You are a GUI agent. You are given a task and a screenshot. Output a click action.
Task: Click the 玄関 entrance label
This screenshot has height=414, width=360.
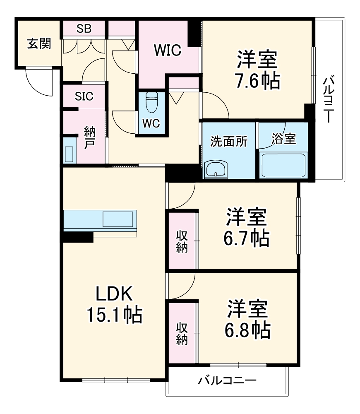(x=39, y=43)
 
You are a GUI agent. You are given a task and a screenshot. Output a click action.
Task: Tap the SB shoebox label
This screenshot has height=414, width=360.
(x=84, y=29)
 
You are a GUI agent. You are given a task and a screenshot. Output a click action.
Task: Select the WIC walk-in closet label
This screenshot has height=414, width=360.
(x=168, y=51)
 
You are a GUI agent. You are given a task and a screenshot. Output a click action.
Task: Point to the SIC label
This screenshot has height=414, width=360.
(x=84, y=96)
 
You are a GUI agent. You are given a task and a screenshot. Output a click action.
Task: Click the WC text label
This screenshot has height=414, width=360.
(x=151, y=123)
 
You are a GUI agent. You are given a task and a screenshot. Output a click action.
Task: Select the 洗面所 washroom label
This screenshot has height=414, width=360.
(x=229, y=141)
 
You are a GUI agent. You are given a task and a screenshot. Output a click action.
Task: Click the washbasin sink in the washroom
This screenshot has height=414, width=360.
(x=216, y=169)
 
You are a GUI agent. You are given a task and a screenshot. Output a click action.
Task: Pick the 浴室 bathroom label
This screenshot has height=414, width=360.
(x=283, y=139)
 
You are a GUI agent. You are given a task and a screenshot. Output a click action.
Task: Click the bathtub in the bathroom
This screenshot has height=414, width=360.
(x=283, y=165)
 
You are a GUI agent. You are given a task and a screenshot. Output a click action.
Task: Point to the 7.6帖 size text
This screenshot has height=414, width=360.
(x=257, y=81)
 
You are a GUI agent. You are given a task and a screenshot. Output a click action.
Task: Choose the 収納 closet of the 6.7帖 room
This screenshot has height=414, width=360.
(x=182, y=241)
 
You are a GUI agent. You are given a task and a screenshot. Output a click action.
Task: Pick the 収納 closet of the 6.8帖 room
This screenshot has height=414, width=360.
(x=182, y=333)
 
